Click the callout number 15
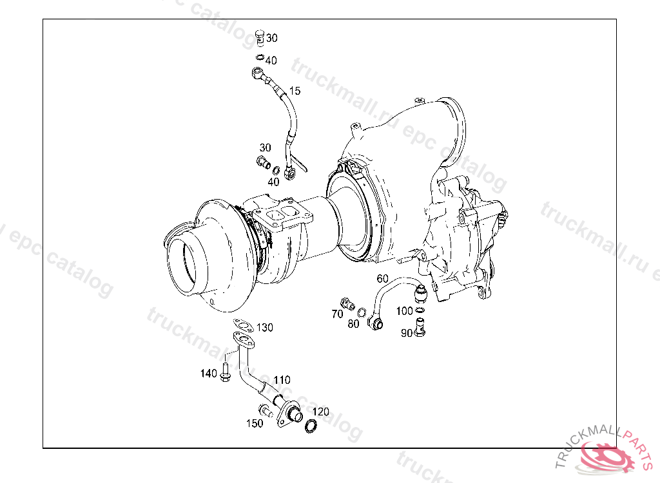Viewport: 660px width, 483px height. point(295,91)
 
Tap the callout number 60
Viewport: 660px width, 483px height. point(382,278)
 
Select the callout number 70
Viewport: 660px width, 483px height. point(337,314)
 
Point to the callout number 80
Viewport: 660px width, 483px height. point(353,323)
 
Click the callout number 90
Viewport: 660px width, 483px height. point(406,333)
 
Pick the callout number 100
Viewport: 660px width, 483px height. point(404,311)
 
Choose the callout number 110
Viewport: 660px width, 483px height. point(282,380)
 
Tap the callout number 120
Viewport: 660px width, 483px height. point(320,412)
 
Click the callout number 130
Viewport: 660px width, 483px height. point(264,327)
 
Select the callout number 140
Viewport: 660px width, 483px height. point(208,373)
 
